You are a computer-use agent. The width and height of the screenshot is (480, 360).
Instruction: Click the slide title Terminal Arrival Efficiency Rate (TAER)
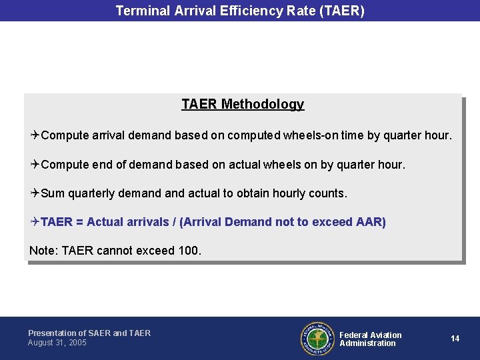click(240, 11)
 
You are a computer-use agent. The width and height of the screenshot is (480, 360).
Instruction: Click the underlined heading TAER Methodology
click(243, 104)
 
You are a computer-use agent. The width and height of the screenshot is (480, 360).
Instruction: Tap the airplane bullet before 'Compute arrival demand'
click(35, 135)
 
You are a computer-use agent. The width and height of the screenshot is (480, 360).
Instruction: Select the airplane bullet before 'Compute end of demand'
click(35, 164)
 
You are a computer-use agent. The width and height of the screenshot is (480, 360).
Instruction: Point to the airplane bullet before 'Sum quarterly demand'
click(35, 193)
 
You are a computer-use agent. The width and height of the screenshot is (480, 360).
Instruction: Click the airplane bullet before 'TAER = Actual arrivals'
click(35, 222)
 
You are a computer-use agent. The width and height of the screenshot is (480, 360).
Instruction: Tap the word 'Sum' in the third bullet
click(53, 193)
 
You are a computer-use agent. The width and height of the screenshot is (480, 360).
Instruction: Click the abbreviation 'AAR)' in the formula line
click(371, 222)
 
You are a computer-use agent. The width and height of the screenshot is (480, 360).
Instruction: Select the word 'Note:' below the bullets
click(44, 251)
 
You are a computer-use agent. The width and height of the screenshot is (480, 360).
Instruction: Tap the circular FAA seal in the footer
click(317, 339)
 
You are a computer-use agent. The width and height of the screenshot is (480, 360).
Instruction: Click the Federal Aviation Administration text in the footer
click(370, 339)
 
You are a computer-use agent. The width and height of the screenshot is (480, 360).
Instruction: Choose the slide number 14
click(455, 339)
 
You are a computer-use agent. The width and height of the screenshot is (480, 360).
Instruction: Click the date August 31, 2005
click(57, 343)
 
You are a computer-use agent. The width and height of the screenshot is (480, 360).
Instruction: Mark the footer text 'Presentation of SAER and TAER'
click(89, 333)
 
